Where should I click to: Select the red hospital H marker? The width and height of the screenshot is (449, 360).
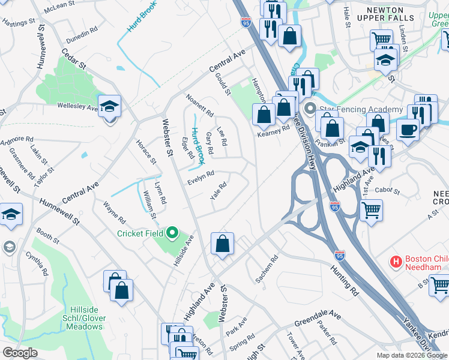[x=396, y=262]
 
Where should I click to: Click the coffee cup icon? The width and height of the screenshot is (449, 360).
[x=408, y=129]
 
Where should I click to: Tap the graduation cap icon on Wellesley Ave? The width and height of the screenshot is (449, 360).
[x=110, y=107]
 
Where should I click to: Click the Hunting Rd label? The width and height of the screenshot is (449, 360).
[x=344, y=280]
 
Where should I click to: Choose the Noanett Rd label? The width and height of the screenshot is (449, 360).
[x=200, y=105]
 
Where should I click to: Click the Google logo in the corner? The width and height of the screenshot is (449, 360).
[x=20, y=352]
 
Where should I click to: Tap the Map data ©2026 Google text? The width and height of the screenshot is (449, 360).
[x=411, y=355]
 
